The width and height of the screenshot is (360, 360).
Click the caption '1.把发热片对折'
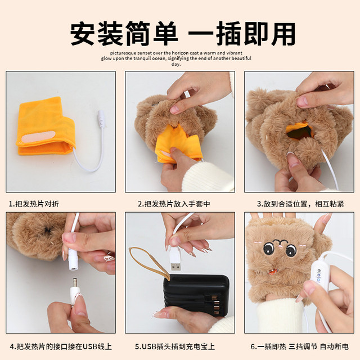(x=34, y=204)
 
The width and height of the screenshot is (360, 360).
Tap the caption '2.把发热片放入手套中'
(x=174, y=204)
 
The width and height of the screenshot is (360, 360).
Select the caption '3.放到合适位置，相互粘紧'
(x=300, y=204)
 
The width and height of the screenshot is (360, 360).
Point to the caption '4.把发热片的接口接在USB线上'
(x=61, y=346)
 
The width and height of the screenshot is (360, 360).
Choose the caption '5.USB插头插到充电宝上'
(x=175, y=346)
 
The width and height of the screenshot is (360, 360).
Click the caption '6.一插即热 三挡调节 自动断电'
(x=299, y=346)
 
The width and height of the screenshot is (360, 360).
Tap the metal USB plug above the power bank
(x=175, y=267)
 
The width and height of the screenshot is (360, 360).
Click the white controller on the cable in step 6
(x=321, y=275)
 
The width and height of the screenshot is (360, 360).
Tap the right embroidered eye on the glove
(x=291, y=250)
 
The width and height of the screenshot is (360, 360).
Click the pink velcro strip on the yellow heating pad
(x=38, y=137)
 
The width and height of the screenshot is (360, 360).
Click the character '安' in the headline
(x=82, y=34)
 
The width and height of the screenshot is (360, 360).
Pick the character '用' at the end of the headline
(x=283, y=34)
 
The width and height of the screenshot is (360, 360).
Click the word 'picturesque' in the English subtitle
(x=120, y=53)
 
